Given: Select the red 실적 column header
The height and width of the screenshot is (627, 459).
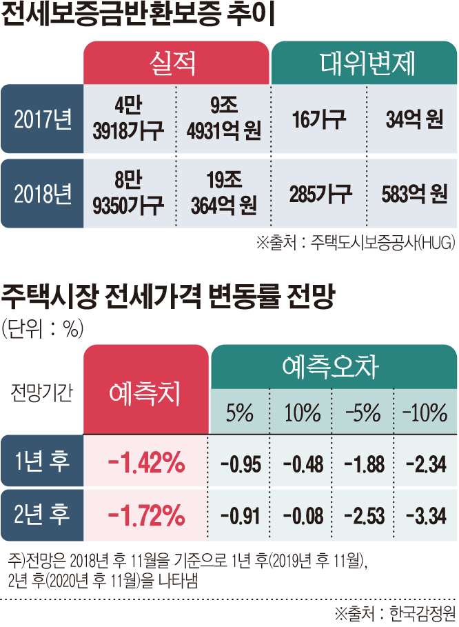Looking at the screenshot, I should point(176,63).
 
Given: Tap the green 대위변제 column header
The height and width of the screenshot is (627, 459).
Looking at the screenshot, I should point(364,63).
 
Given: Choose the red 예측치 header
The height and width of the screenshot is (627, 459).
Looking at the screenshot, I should point(145,393).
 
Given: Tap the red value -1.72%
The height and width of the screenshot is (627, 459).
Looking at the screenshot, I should point(146,513).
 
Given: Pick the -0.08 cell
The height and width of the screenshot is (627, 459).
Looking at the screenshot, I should point(303,514).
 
